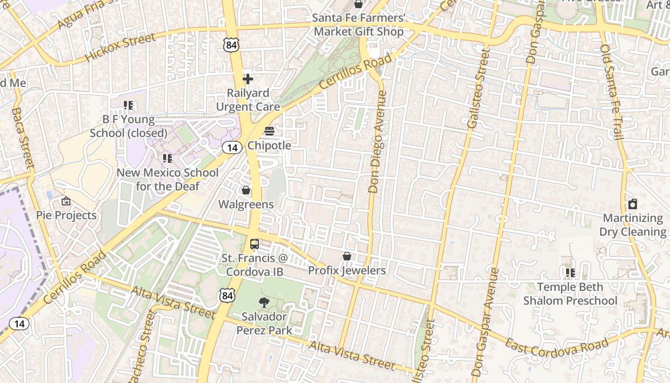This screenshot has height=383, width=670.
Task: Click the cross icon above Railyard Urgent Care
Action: pos(248,79)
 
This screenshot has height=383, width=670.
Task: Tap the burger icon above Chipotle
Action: pos(269,131)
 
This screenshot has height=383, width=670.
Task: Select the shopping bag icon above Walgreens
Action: pos(246,191)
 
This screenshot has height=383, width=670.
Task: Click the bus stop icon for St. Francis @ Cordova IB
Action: pos(255,244)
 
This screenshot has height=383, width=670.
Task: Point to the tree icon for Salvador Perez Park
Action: pos(263,302)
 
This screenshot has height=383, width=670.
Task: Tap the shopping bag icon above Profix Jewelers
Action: pos(347,257)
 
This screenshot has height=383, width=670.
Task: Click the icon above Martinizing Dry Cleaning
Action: pos(633,204)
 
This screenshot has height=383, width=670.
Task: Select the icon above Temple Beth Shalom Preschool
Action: pos(570,273)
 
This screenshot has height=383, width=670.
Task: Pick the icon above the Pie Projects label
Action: pos(66,202)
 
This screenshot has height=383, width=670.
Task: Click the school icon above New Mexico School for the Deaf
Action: pos(167,158)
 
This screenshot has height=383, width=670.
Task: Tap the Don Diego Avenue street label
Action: pos(377,142)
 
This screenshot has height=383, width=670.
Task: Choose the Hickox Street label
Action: pos(120,47)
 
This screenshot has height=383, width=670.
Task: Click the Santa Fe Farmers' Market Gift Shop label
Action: pos(358,25)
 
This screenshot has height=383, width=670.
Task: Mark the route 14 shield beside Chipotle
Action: pos(232,148)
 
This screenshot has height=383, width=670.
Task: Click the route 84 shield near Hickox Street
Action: pos(230,45)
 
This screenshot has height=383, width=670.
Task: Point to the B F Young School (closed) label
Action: pos(129,126)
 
